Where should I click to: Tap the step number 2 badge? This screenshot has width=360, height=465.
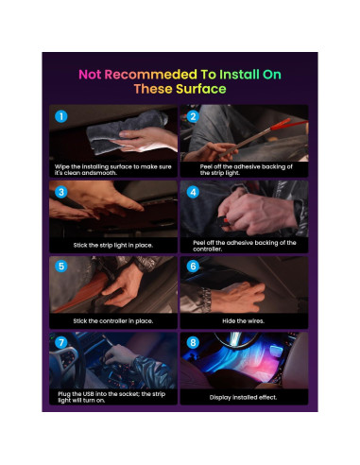(x=192, y=118)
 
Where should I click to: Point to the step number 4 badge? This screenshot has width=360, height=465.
(x=192, y=192)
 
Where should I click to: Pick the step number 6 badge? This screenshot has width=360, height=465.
(x=192, y=267)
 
